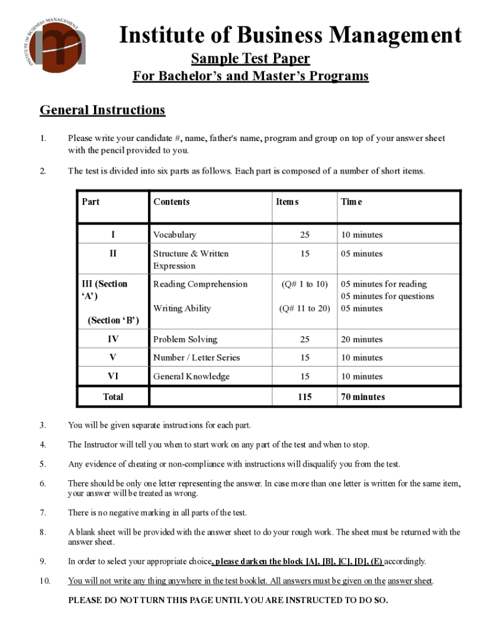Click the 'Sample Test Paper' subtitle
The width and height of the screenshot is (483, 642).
click(250, 59)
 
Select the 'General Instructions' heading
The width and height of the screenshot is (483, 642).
click(102, 110)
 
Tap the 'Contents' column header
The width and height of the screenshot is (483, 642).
click(171, 202)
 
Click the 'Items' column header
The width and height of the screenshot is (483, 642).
click(287, 202)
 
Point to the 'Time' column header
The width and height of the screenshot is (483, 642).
click(351, 202)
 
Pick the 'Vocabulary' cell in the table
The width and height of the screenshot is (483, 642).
click(174, 235)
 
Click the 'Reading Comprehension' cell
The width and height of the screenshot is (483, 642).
click(200, 284)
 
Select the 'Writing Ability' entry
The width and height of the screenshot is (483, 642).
click(182, 308)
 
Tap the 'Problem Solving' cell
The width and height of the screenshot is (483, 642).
click(185, 339)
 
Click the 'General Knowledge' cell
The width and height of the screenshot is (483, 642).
click(191, 376)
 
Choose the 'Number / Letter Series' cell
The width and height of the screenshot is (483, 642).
click(196, 357)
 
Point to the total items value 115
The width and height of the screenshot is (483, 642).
click(304, 397)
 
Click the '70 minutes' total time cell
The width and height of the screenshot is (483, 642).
click(363, 397)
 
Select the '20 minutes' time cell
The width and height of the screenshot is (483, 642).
click(361, 339)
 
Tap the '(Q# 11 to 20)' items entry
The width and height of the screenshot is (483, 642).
click(304, 308)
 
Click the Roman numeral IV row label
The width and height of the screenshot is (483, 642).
click(113, 339)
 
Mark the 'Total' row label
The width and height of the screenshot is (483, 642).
click(113, 397)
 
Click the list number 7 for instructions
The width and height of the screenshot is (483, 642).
click(42, 513)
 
